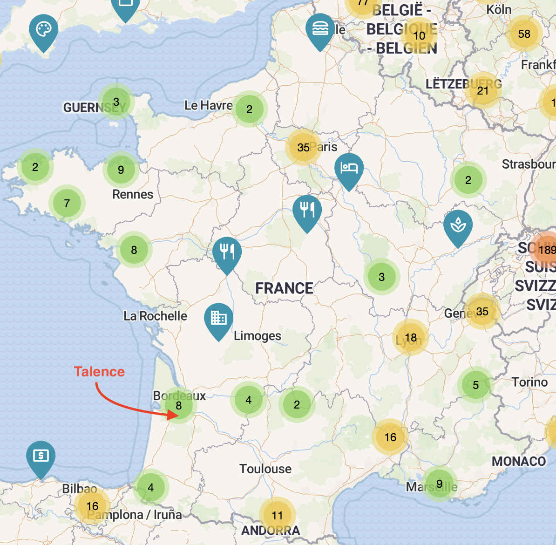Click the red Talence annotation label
click(x=99, y=372)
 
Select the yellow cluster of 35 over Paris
click(x=303, y=148)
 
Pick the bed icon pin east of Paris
click(x=349, y=169)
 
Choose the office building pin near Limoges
click(x=218, y=319)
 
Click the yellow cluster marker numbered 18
click(x=410, y=338)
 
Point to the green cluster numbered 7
click(x=67, y=203)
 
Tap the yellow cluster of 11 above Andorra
click(x=277, y=515)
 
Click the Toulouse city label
click(x=265, y=469)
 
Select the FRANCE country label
click(x=284, y=288)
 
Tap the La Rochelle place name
click(x=155, y=316)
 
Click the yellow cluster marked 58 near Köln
click(x=524, y=34)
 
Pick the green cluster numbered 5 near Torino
click(x=475, y=385)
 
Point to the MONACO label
click(x=519, y=461)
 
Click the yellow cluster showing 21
click(x=483, y=90)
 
